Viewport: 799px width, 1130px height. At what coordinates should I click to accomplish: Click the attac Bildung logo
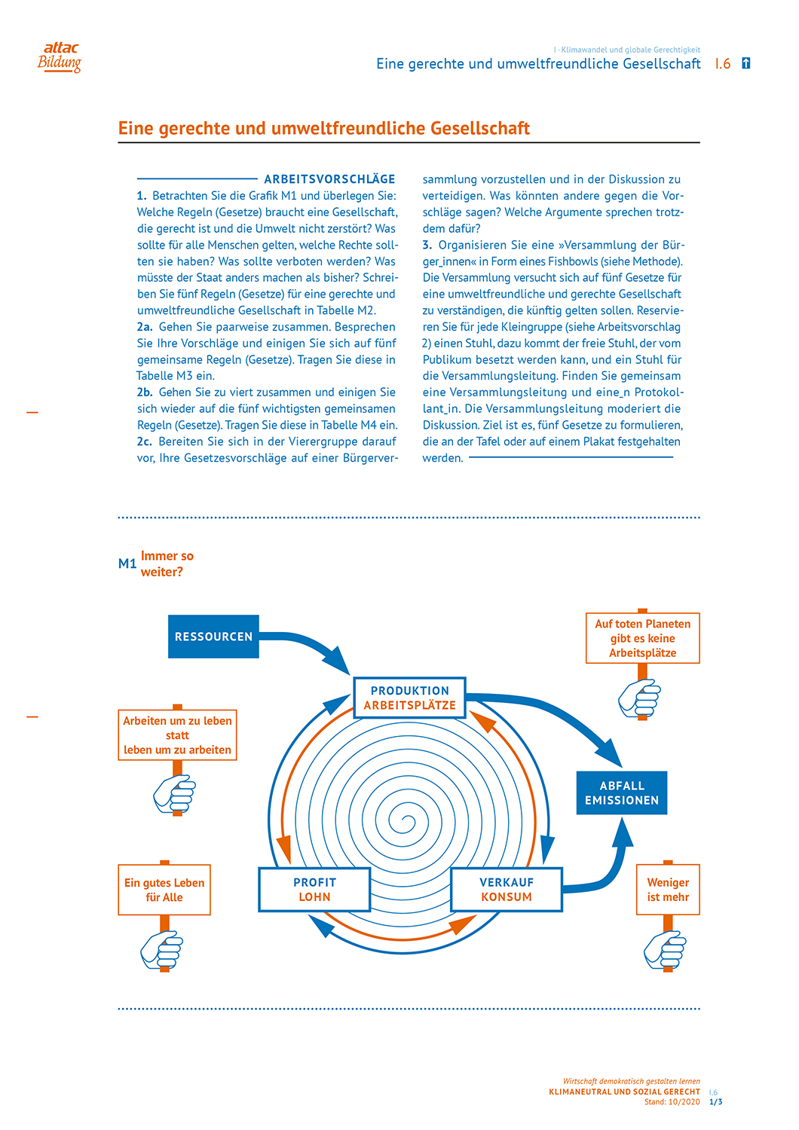[60, 56]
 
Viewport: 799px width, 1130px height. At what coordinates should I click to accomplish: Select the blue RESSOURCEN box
[213, 637]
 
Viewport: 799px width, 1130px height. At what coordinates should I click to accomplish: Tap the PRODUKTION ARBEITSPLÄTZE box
[409, 698]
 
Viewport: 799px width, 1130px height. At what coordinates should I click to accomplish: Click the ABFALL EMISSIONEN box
[622, 793]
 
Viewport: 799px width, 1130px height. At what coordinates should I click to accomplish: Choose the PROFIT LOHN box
[314, 890]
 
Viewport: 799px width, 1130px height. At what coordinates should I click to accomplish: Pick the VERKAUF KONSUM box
[507, 890]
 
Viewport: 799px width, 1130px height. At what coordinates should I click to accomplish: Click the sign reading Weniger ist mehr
[668, 890]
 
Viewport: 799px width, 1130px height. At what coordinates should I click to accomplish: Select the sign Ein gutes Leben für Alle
[164, 890]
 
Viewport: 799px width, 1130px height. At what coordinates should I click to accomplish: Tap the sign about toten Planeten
[642, 638]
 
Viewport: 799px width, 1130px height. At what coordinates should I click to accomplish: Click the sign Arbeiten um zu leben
[177, 734]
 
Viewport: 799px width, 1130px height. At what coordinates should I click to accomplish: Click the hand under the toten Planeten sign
[639, 698]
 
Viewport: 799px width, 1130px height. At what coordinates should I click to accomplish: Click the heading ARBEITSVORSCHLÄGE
[329, 179]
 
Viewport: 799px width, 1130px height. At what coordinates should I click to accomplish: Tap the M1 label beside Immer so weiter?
[127, 563]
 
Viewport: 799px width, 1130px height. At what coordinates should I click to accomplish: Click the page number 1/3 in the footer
[716, 1102]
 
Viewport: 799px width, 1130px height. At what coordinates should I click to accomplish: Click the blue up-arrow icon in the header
[746, 63]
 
